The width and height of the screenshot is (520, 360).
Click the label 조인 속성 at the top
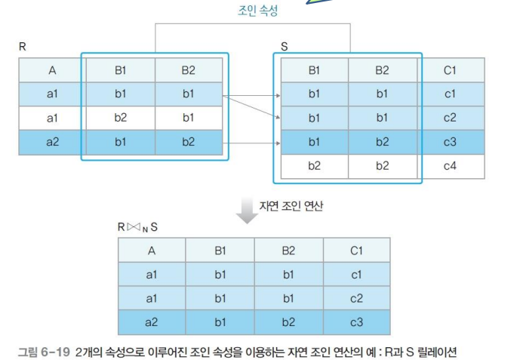tap(257, 10)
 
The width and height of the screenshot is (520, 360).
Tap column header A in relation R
tap(52, 71)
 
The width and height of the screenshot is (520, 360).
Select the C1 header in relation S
tap(451, 71)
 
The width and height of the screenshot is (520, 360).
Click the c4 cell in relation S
tap(451, 165)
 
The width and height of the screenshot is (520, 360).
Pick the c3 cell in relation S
tap(451, 142)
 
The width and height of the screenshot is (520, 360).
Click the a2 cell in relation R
tap(52, 142)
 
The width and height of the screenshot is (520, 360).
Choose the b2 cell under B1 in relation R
tap(120, 118)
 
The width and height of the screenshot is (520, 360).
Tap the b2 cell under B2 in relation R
tap(188, 142)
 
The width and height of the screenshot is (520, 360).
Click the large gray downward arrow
tap(247, 211)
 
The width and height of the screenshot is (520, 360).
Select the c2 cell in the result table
tap(356, 300)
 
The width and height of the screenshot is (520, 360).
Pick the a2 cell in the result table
tap(152, 323)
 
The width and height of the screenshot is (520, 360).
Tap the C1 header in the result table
tap(356, 251)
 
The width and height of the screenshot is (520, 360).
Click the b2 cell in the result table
tap(288, 323)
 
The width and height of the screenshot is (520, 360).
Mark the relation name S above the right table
tap(284, 47)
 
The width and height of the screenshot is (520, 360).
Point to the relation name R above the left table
tap(23, 47)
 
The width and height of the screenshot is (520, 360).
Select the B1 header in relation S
tap(314, 71)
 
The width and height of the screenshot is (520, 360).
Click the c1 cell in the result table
tap(356, 275)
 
